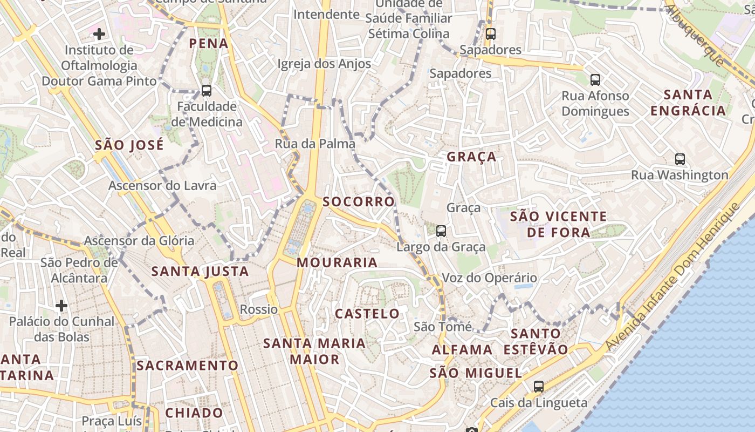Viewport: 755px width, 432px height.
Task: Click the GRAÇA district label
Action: point(471,157)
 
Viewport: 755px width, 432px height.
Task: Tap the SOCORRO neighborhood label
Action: point(359,202)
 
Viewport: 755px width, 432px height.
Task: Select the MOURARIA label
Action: point(337,263)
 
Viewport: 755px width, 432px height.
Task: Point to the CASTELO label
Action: point(367,314)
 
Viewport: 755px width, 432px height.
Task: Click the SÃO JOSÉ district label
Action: point(129,145)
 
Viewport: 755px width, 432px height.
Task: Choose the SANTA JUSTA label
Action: point(200,272)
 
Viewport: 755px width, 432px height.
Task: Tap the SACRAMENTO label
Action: point(187,366)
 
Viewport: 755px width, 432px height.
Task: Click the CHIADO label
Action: point(194,413)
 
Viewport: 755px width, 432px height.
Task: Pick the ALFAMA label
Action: point(462,350)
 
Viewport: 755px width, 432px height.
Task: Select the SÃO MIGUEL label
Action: point(476,373)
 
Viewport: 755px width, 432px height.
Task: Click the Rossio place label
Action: point(259,309)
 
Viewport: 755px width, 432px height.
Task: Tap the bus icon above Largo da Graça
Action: point(441,231)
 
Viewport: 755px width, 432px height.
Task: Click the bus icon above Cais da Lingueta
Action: point(538,386)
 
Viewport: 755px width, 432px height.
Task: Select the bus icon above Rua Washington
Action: point(679,159)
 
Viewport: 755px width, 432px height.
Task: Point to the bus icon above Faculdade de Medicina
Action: point(206,90)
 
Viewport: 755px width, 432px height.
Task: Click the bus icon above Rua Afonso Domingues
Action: point(595,80)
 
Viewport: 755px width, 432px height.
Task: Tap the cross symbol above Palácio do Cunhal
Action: point(61,306)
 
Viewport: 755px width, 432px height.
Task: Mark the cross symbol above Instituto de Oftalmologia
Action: point(99,35)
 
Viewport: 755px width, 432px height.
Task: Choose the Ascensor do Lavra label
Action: point(162,186)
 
